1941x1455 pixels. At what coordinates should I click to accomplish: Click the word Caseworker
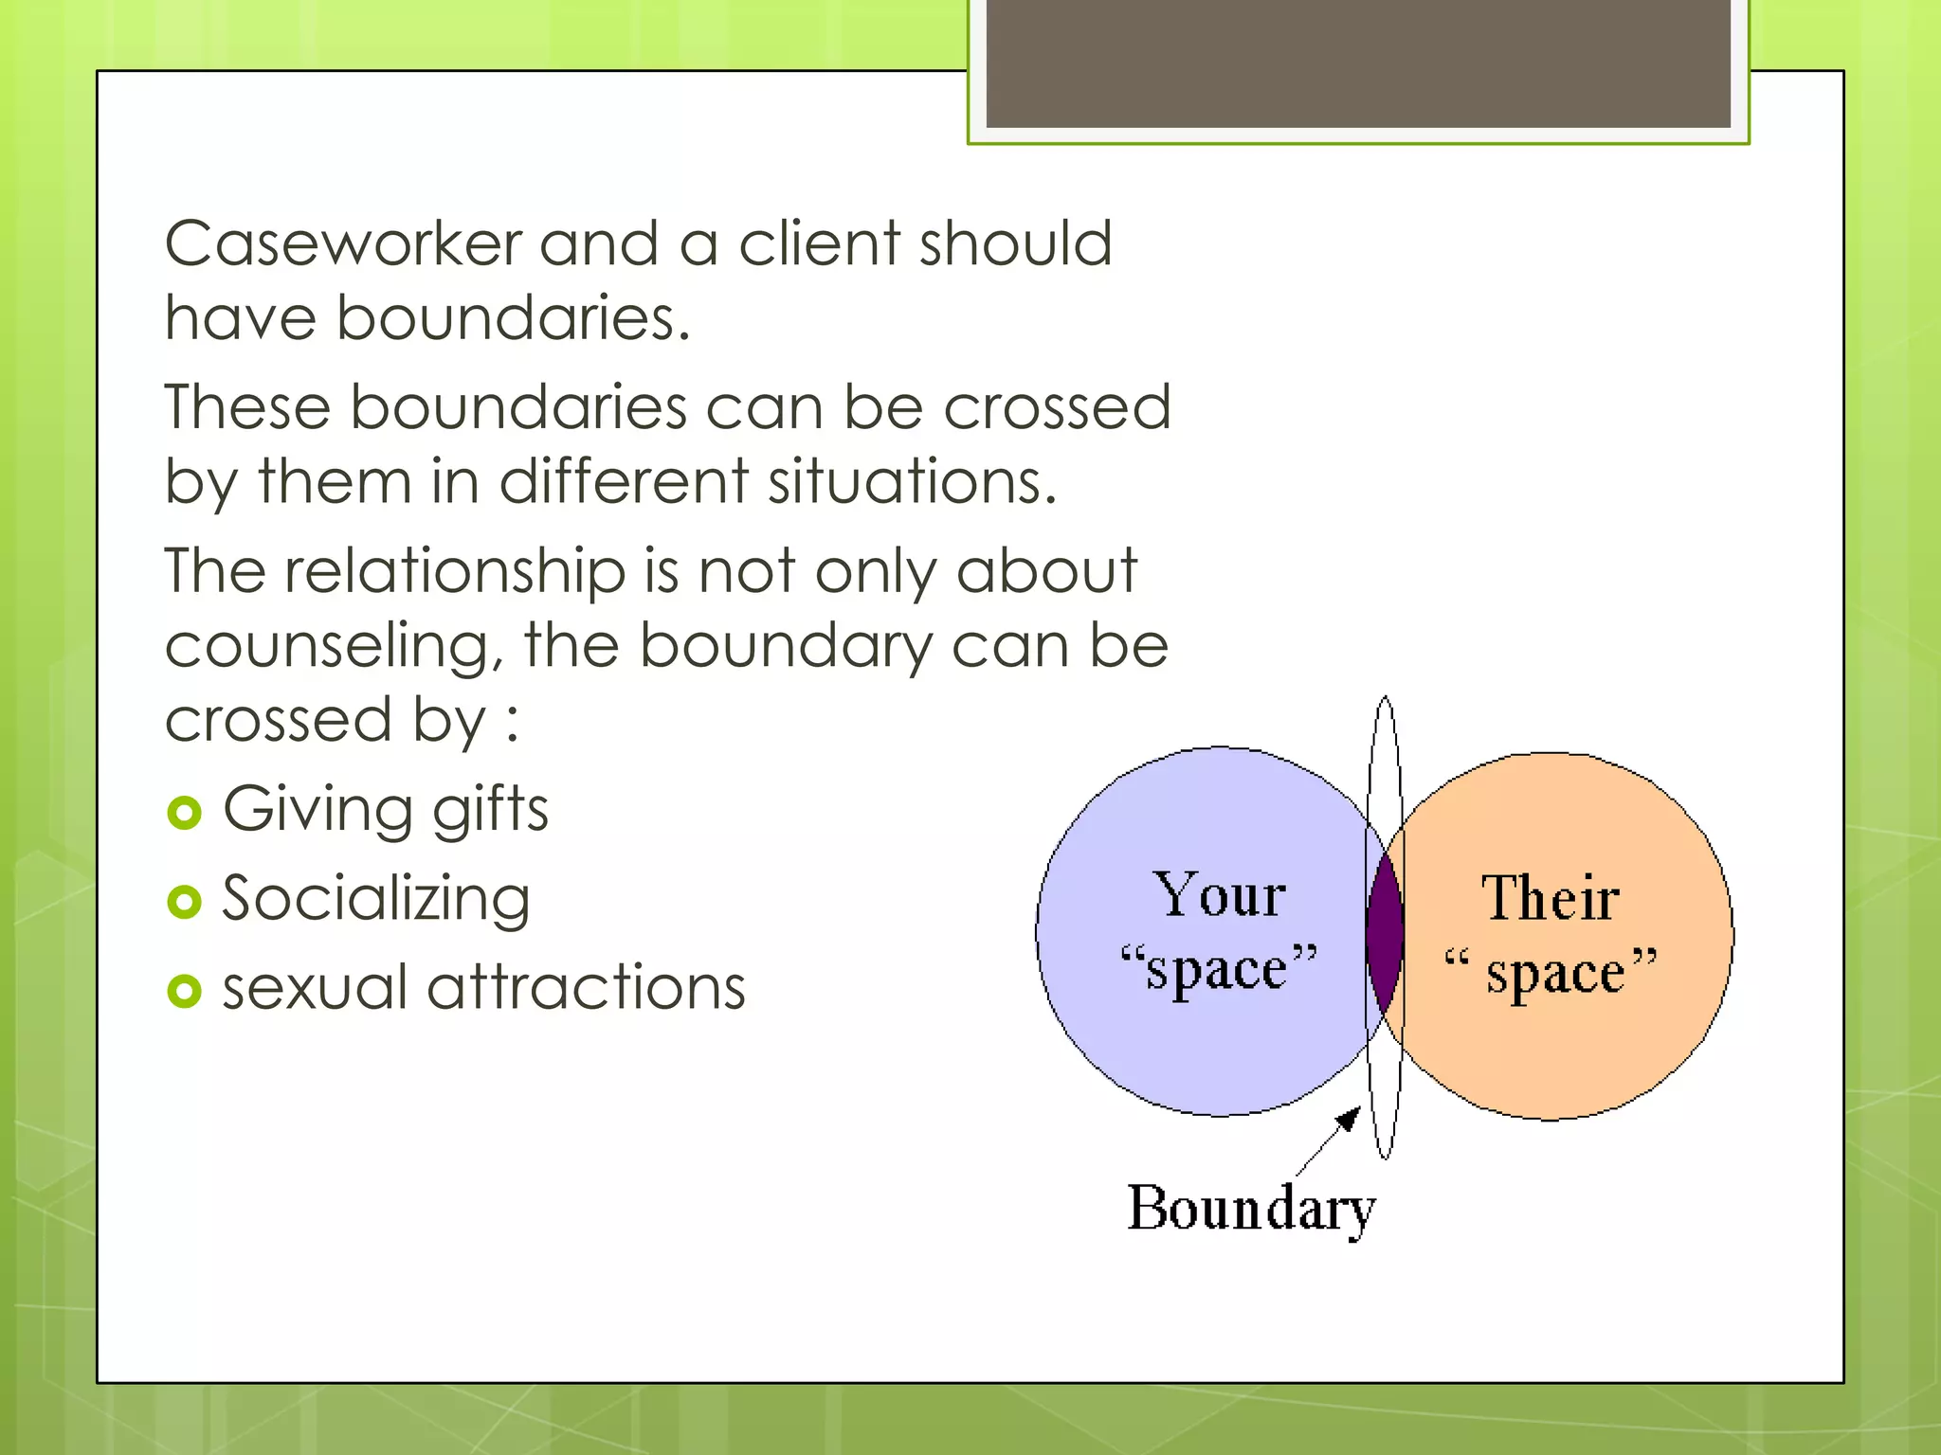343,244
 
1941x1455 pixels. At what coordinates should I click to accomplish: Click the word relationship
455,571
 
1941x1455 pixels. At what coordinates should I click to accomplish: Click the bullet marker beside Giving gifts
184,813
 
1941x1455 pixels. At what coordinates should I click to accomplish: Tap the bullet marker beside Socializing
184,902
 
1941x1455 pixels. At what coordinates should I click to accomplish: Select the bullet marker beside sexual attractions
184,991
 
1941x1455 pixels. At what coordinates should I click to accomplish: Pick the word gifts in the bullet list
490,811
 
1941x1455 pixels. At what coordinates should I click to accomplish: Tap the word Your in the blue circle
1219,895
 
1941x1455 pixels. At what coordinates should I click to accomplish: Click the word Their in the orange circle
1551,899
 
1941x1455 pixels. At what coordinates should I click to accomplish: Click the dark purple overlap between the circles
1384,933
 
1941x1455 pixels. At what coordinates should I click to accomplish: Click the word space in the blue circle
1217,971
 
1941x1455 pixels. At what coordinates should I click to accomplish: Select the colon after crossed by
513,722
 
